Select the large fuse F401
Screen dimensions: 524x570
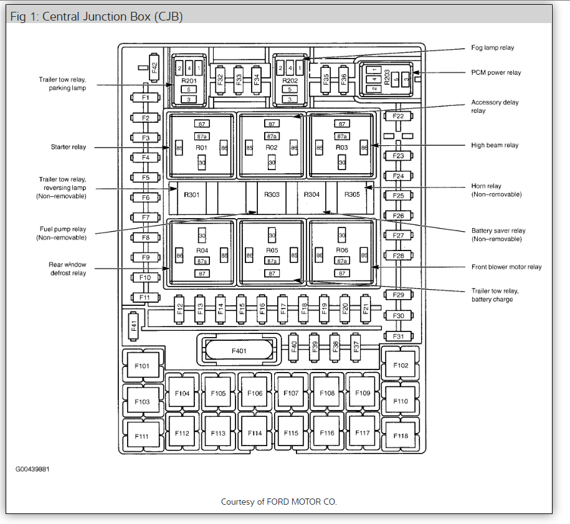[x=239, y=351]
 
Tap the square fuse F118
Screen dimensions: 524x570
[x=401, y=436]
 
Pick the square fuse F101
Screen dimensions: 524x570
[x=143, y=366]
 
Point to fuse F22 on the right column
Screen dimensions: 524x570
[x=398, y=117]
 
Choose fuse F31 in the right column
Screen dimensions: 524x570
[x=399, y=336]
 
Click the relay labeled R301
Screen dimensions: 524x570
[x=191, y=194]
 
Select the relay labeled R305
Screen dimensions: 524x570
[x=353, y=194]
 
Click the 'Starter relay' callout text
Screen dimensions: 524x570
[x=69, y=147]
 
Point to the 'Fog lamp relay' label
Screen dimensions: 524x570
[x=493, y=48]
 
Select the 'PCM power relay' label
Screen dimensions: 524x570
[x=496, y=73]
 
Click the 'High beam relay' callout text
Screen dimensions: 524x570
[x=495, y=145]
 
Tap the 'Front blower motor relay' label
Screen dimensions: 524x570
[x=506, y=267]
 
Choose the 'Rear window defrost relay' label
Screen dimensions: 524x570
[x=68, y=269]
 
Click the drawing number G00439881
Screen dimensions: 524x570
[x=32, y=469]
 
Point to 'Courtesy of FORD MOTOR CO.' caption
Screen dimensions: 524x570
[x=278, y=502]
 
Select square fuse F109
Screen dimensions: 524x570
[x=363, y=393]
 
